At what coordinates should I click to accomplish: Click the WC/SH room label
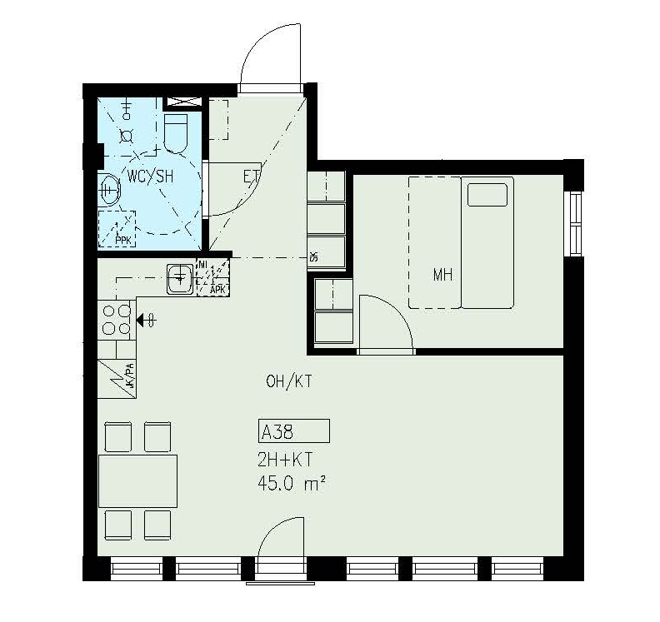click(x=150, y=177)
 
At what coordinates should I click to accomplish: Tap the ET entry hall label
click(x=252, y=177)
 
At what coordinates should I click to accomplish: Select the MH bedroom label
click(x=442, y=275)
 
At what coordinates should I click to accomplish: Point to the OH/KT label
click(x=288, y=381)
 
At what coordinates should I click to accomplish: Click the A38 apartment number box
click(x=294, y=431)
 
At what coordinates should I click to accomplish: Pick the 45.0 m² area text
click(x=292, y=484)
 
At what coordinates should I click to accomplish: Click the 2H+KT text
click(x=285, y=460)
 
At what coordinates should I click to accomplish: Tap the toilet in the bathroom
click(x=176, y=133)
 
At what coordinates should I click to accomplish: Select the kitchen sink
click(x=180, y=279)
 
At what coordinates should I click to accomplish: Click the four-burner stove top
click(x=117, y=320)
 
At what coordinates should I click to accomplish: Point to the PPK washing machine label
click(x=122, y=241)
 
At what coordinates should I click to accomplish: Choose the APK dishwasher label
click(x=217, y=290)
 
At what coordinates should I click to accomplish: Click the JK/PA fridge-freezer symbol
click(x=117, y=380)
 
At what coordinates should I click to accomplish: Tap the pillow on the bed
click(x=487, y=195)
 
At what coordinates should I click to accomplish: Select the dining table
click(x=137, y=481)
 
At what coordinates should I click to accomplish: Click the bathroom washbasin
click(x=109, y=190)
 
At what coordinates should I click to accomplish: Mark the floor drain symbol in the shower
click(x=126, y=137)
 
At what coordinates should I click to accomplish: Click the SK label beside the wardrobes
click(x=313, y=256)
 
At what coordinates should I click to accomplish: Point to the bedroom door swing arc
click(x=393, y=313)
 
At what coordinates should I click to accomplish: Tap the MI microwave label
click(x=202, y=265)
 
